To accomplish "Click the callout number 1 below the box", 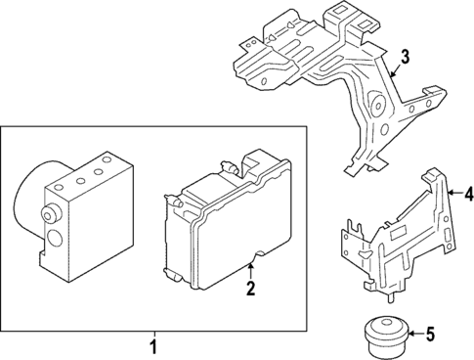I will point(152,345).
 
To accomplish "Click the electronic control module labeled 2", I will point(223,220).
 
